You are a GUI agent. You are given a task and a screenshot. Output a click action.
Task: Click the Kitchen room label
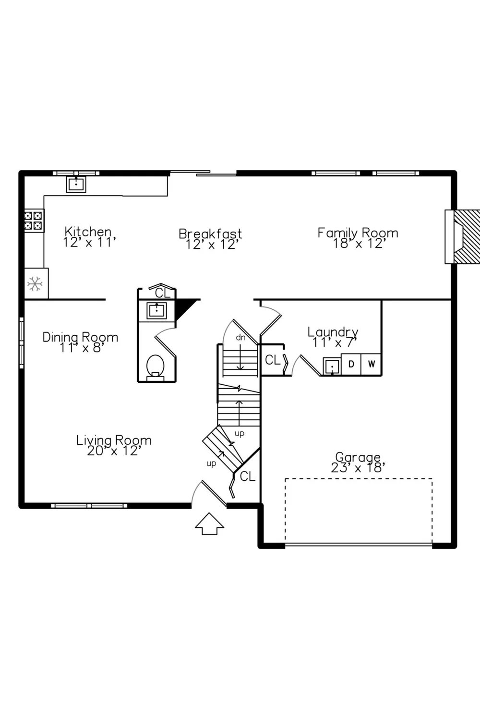click(89, 237)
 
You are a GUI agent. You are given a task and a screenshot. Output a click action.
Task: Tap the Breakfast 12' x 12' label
click(210, 239)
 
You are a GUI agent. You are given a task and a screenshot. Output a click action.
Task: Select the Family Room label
click(358, 238)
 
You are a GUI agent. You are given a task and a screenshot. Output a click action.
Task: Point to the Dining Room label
click(80, 342)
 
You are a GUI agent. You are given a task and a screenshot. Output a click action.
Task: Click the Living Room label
click(114, 445)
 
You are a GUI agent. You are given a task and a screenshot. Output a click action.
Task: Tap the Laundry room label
click(333, 337)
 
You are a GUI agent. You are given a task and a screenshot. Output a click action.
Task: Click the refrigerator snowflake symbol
click(35, 284)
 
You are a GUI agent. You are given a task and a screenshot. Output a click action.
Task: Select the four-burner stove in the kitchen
click(34, 220)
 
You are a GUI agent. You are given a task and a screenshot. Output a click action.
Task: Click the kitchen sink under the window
click(76, 184)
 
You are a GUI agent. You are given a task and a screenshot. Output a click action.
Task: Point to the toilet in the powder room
click(156, 368)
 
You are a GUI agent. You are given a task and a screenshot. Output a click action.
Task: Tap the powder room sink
click(157, 310)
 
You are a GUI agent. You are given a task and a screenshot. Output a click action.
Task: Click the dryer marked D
click(351, 364)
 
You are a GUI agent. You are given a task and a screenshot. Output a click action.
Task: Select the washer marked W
click(371, 364)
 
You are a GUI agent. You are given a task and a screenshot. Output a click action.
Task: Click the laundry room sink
click(332, 366)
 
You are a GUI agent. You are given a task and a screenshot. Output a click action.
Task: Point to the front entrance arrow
click(209, 524)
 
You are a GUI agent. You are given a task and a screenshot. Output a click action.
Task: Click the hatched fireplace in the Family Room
click(463, 237)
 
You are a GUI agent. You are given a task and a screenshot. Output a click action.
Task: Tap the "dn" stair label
click(240, 337)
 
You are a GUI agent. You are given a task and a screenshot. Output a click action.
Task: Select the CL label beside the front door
click(247, 476)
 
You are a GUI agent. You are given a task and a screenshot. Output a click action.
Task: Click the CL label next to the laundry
click(273, 360)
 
